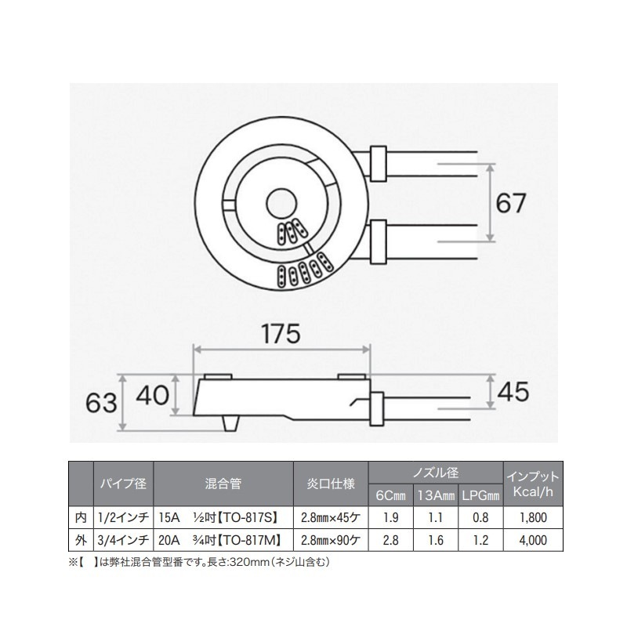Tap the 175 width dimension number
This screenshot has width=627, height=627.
281,334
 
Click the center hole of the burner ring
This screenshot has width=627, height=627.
279,201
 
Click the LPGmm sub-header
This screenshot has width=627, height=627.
480,496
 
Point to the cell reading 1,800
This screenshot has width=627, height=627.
533,517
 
